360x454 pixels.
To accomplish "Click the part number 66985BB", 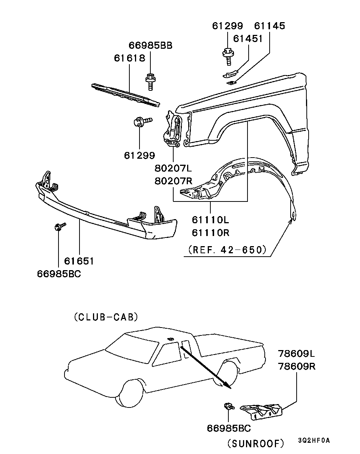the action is (x=150, y=45).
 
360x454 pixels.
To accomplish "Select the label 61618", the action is (x=129, y=58).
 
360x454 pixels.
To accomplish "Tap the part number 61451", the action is (x=248, y=39).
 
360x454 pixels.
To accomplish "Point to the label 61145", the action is (x=270, y=26).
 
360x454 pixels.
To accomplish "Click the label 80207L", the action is (x=173, y=168).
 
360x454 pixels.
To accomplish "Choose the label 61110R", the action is (x=210, y=233).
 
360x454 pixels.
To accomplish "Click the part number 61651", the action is (x=79, y=261).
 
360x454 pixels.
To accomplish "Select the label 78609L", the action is (x=296, y=353).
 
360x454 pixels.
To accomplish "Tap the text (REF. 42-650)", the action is (x=227, y=250).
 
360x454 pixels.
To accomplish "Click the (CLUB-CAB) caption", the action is (x=106, y=317).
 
